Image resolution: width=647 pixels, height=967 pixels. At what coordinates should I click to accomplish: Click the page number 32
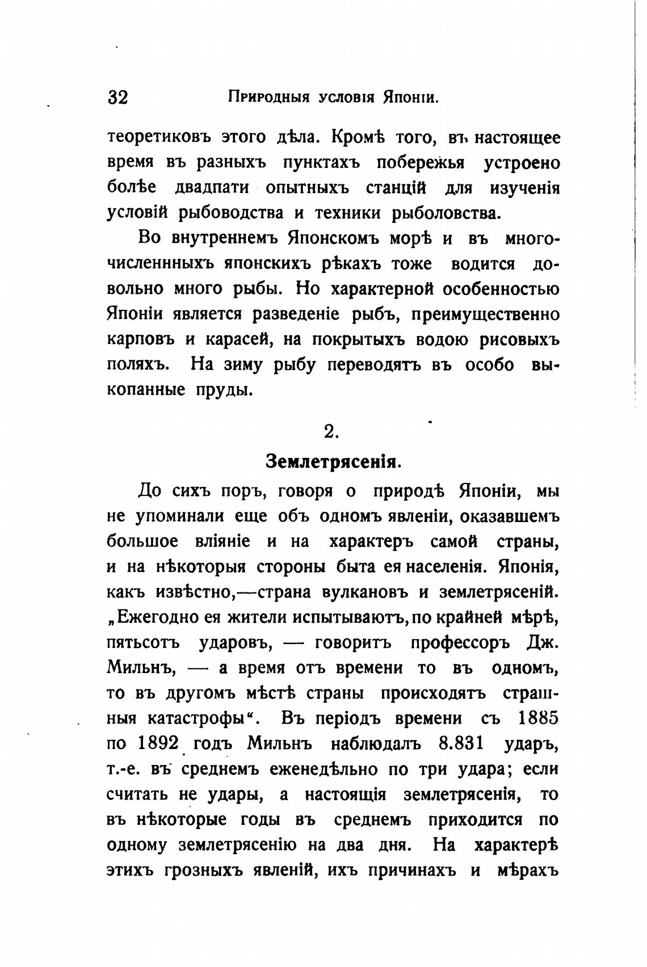pos(118,97)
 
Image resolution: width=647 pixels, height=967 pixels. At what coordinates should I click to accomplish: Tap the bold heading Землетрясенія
pos(334,461)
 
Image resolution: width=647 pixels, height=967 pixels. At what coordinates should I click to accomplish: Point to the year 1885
pos(538,718)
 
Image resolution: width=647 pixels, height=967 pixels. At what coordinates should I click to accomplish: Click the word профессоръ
pos(460,643)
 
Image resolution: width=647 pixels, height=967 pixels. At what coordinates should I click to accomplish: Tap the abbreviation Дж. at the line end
pos(543,643)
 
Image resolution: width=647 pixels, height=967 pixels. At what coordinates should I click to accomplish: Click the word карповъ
pos(141,339)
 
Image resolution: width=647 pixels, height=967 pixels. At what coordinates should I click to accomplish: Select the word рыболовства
pos(447,213)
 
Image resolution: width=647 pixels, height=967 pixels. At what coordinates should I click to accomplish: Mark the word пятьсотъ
pos(143,643)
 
